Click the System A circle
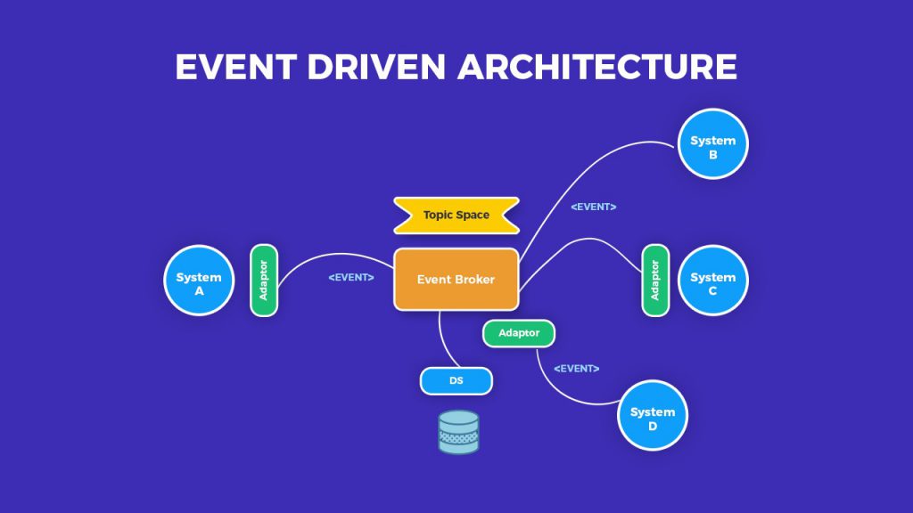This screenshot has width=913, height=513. (198, 281)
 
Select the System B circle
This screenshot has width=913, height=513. (712, 144)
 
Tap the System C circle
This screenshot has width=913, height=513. (712, 281)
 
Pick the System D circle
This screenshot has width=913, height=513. (653, 416)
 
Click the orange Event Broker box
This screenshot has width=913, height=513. (456, 280)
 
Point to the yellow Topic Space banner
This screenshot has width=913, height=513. (456, 216)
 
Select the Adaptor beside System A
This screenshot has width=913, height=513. (264, 281)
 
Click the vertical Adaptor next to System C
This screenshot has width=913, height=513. (655, 281)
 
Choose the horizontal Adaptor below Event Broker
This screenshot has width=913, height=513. (518, 333)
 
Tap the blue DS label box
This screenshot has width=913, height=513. (456, 381)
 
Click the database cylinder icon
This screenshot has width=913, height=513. (458, 432)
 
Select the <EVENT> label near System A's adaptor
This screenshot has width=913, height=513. (351, 277)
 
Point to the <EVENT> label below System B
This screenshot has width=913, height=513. (594, 207)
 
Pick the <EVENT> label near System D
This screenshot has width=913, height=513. (576, 369)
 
